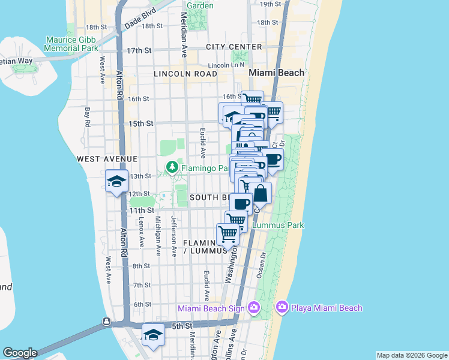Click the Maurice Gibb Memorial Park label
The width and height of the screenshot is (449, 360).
(x=71, y=44)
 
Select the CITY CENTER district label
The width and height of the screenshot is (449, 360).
(x=234, y=47)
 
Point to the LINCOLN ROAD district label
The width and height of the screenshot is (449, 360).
(x=185, y=74)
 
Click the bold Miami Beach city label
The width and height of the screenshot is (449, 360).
(x=276, y=73)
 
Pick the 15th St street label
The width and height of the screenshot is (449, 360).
(x=141, y=124)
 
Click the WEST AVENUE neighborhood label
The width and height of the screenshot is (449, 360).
(x=107, y=159)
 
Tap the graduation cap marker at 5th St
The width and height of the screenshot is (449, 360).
(x=153, y=335)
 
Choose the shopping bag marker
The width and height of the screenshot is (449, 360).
(x=261, y=193)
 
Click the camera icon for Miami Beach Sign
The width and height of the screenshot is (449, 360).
(x=254, y=308)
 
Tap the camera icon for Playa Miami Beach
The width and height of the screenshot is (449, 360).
(x=282, y=308)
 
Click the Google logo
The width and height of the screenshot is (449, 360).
(x=19, y=353)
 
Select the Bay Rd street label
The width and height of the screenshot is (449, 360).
(x=88, y=116)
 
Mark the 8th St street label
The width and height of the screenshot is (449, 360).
(x=141, y=266)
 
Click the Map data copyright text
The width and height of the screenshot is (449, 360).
(x=412, y=355)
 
